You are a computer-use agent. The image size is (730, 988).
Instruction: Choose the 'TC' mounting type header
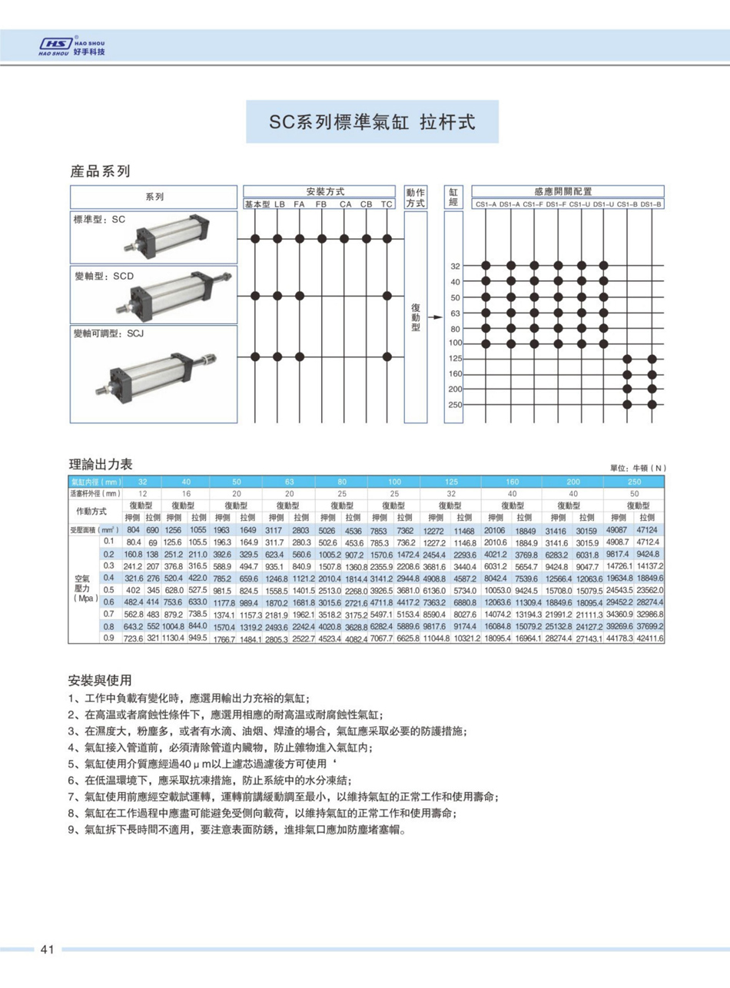(387, 204)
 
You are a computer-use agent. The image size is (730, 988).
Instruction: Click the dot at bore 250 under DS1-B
(652, 404)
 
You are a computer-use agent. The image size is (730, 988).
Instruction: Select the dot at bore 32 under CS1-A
(486, 266)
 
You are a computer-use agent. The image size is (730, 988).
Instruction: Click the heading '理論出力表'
(101, 464)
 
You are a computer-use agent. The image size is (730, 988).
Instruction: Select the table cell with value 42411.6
(650, 638)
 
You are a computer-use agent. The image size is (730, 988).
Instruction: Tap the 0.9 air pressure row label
(108, 638)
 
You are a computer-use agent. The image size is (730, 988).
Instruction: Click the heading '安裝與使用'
(100, 681)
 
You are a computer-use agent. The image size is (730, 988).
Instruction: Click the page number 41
(46, 950)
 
